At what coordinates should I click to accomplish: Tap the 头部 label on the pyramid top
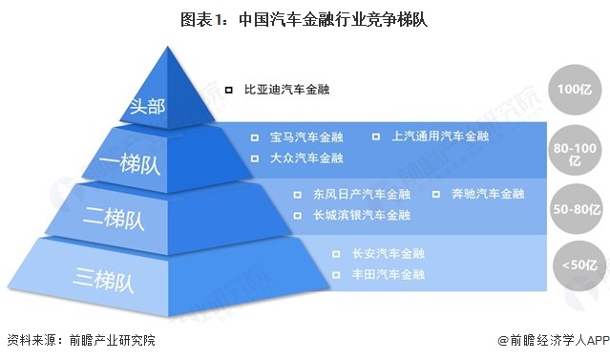point(150,104)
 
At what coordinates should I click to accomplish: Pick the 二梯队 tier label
point(120,219)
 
